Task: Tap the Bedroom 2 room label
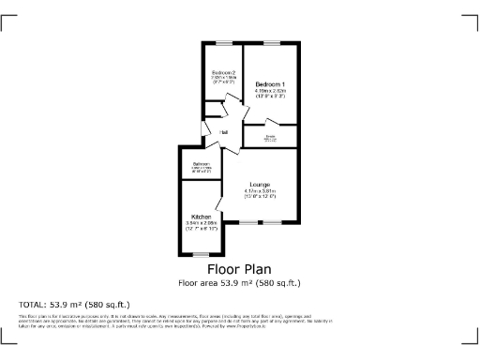coord(222,72)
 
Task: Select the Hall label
coord(224,132)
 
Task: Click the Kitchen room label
coord(201,217)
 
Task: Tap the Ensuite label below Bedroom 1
coord(270,138)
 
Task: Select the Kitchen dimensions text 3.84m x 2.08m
coord(201,223)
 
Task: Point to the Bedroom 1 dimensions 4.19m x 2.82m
coord(270,92)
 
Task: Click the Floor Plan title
coord(239,269)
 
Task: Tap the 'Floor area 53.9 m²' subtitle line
coord(239,282)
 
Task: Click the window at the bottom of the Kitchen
coord(201,255)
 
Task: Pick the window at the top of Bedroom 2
coord(222,42)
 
